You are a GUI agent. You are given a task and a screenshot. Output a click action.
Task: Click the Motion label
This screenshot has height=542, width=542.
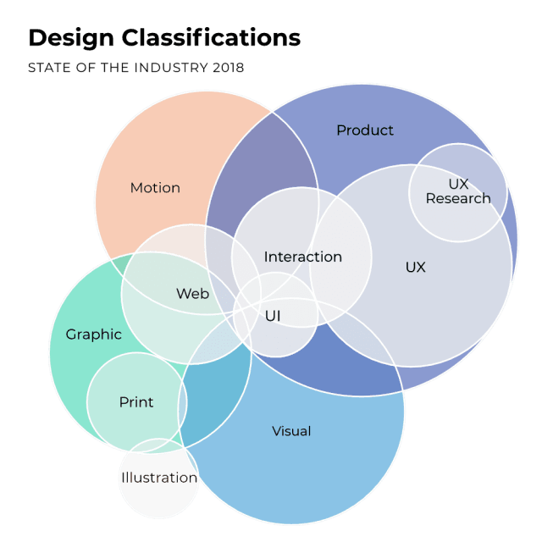click(x=155, y=188)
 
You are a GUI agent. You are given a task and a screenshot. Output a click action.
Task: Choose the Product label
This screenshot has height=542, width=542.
click(x=365, y=130)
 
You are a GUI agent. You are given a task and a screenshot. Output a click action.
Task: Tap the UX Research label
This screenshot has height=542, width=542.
click(x=458, y=191)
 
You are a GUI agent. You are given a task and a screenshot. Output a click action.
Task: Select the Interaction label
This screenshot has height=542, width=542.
click(x=302, y=257)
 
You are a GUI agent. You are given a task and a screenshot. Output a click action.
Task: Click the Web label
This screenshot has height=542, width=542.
click(x=192, y=294)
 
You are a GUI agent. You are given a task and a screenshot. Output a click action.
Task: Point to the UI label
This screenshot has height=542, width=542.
click(x=273, y=316)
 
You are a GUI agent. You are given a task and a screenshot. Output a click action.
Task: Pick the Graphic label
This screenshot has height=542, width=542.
click(x=94, y=335)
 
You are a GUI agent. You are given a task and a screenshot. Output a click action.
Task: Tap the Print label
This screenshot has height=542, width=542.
click(x=136, y=402)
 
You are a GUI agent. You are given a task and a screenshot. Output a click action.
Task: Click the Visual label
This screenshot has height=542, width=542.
click(x=291, y=431)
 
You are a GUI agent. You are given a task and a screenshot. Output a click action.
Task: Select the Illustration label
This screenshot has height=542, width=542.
click(x=158, y=478)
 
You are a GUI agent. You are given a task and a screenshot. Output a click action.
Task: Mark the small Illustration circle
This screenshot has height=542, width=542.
click(x=158, y=500)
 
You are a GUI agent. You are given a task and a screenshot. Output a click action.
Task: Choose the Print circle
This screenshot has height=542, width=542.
click(x=127, y=423)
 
